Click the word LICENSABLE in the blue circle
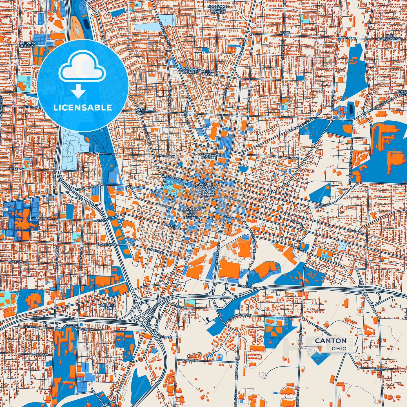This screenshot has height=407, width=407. coord(82,108)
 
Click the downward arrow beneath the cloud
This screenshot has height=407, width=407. coord(78,90)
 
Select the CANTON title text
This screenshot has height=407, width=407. coord(331,341)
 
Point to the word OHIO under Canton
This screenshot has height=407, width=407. coord(339,349)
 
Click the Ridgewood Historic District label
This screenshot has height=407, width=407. coord(218,9)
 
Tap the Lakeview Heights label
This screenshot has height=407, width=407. coord(27,45)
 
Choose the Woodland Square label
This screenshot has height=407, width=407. coord(190,71)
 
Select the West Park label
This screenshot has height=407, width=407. coord(140,112)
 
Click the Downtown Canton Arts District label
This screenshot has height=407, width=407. coord(191,213)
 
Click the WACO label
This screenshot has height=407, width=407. coord(380,369)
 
